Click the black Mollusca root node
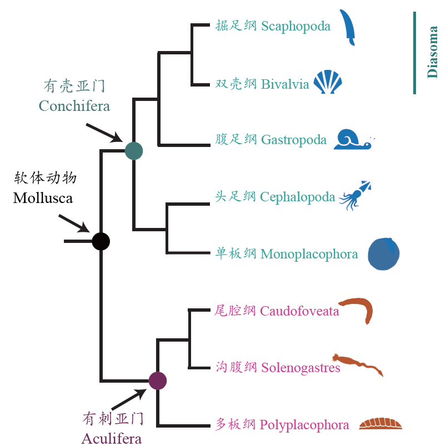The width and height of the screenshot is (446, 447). coord(101,241)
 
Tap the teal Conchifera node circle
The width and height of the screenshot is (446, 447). coord(134,150)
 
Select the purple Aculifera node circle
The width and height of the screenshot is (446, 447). coord(158,380)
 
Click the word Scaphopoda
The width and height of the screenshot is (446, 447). coord(295,27)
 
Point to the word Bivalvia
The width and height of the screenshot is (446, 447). coord(285,84)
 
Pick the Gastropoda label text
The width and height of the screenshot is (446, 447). coord(293,140)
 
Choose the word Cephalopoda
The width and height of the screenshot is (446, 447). coord(298,197)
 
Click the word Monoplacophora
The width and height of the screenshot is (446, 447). coord(309,254)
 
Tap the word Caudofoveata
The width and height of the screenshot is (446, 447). coord(299,311)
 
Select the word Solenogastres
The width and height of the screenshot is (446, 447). coord(300,368)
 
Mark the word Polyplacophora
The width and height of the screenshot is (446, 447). coord(304,425)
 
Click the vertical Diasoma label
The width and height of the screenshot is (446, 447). coord(433,53)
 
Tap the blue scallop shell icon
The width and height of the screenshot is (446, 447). coord(328,83)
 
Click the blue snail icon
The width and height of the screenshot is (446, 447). coord(352,140)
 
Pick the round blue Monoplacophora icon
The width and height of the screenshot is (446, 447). coord(384,254)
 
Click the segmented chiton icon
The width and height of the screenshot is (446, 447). coord(380,424)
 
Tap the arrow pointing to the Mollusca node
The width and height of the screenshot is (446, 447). coord(74,223)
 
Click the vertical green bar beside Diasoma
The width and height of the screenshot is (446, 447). coord(414,53)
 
